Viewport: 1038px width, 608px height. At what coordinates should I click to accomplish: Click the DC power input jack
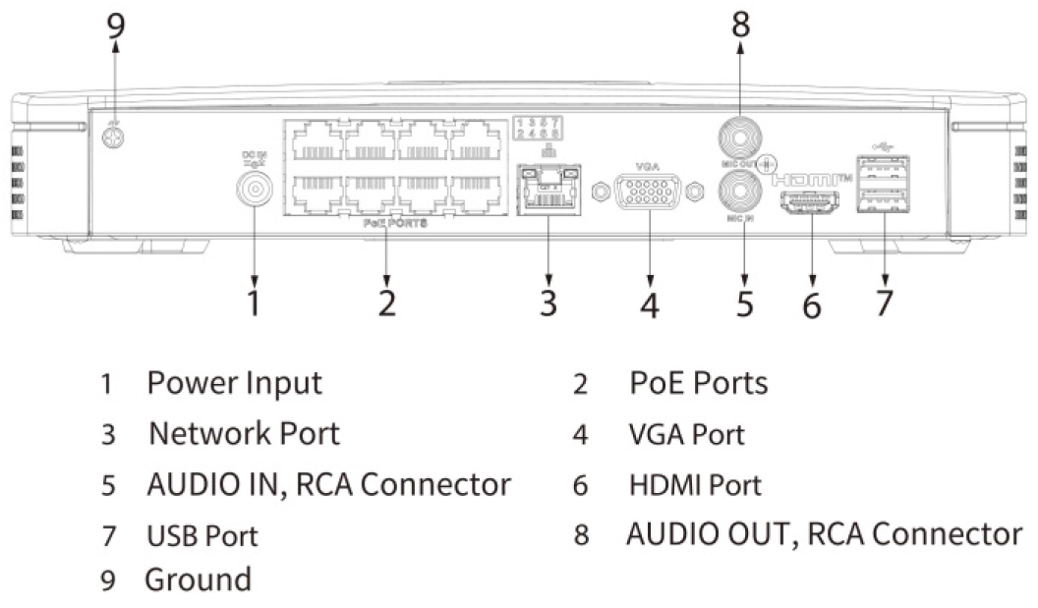point(255,188)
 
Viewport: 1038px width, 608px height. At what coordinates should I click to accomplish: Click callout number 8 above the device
point(741,26)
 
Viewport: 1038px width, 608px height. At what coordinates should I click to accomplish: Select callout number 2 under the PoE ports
point(387,303)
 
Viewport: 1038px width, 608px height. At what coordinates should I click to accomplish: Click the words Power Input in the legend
point(234,383)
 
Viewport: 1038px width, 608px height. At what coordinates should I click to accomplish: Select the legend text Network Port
point(244,433)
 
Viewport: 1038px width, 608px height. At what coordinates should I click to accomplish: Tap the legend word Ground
point(198,580)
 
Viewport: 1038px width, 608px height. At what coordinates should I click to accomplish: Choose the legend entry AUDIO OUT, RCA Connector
point(824,534)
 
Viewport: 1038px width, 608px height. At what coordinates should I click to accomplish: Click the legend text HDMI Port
point(695,484)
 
